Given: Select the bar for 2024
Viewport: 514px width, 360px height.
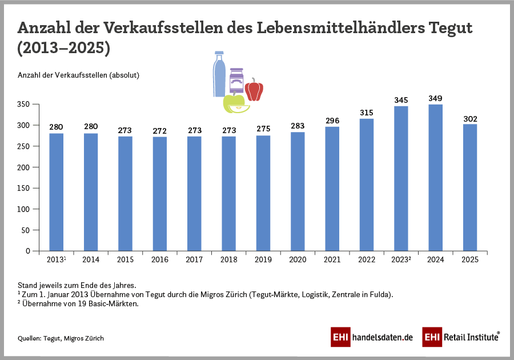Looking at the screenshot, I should (435, 178).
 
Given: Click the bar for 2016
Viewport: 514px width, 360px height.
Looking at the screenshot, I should (160, 194).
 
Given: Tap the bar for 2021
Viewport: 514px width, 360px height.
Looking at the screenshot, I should (332, 189).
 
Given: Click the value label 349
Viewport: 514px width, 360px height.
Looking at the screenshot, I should (435, 98).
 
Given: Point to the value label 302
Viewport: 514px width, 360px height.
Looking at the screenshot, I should (470, 119).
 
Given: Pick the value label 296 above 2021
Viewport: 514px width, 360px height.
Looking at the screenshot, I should (332, 121).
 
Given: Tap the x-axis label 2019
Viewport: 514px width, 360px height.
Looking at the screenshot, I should (263, 260).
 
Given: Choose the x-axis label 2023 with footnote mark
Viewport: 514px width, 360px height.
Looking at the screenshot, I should (401, 260).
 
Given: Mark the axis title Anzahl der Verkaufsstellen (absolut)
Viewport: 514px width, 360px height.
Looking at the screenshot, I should (79, 75).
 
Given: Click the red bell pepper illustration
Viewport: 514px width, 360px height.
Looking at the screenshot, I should (254, 90).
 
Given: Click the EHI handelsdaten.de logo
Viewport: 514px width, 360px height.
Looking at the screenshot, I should (371, 337).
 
